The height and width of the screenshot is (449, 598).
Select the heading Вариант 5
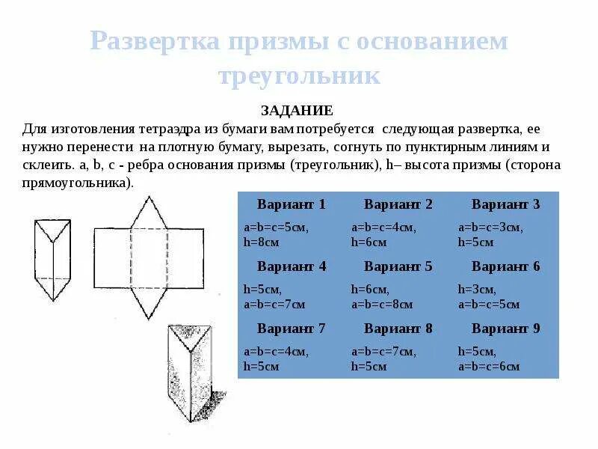[x=398, y=266]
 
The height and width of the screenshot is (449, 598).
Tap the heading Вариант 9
[x=505, y=329]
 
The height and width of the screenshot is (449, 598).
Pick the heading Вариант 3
[x=505, y=204]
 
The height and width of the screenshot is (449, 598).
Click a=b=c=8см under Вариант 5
[x=383, y=305]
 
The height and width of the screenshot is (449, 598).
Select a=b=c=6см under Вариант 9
[x=490, y=367]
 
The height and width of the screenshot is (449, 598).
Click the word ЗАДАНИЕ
[x=297, y=111]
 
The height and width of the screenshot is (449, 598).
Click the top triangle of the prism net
[x=149, y=213]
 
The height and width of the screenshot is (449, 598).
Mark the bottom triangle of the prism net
[x=148, y=305]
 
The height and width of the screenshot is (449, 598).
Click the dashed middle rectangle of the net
[x=149, y=258]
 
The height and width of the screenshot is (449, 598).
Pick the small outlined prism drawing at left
[x=52, y=258]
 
